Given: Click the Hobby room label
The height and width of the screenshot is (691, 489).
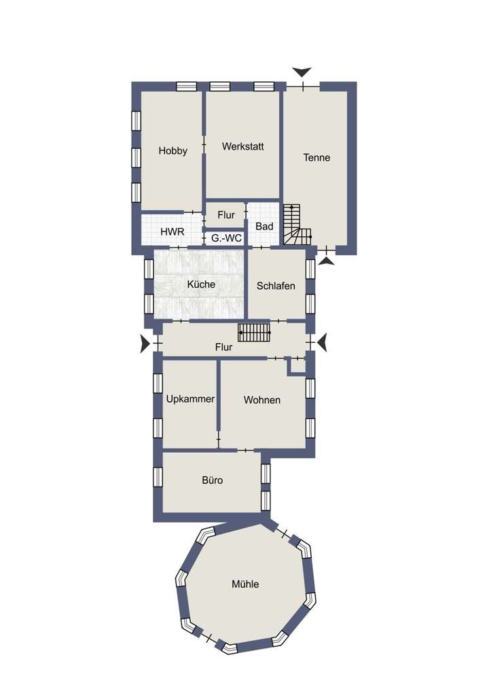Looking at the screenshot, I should point(173,151).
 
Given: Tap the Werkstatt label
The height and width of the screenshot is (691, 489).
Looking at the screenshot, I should point(242,146).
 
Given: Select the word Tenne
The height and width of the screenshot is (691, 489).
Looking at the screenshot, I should point(316,157).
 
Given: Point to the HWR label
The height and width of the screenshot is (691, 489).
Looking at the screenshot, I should point(172,231).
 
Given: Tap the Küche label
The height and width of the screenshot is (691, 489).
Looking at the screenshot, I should point(201,284).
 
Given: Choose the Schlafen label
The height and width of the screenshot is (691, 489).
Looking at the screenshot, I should point(276,286).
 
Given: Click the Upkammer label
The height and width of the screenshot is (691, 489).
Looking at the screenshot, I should point(190,400).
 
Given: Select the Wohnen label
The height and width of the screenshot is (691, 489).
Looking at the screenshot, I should point(262,400).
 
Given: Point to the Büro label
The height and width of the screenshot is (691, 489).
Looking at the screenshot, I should point(212,480).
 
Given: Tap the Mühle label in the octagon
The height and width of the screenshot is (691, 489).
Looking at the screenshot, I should point(245,584).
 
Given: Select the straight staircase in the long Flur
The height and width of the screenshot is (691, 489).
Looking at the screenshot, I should point(254,333).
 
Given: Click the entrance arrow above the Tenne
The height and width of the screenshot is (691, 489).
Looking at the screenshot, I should point(302,72).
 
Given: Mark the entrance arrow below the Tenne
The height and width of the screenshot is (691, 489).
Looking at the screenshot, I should point(327,260).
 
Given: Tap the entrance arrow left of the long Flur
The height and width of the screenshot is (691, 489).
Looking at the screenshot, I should point(145,344).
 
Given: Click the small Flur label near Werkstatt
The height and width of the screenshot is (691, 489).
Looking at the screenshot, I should point(226,214).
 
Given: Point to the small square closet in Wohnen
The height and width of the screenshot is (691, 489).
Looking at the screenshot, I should point(297,366).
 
